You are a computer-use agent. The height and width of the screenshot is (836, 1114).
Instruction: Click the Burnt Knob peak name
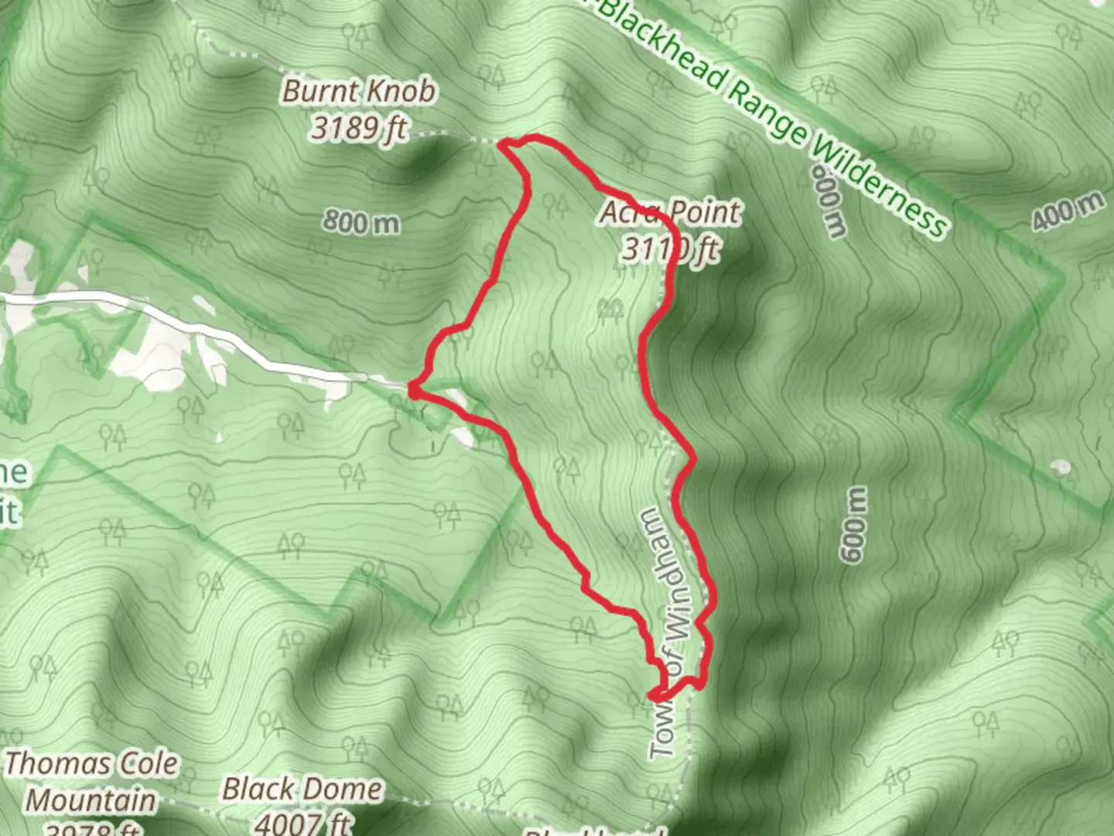(359, 91)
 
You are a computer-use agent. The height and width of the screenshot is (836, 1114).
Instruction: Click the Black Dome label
(302, 789)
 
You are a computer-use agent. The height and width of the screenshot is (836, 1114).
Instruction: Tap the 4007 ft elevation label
(302, 822)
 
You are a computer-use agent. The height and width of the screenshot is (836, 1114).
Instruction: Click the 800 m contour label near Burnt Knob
(361, 223)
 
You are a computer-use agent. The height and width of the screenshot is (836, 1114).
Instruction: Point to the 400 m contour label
(1068, 209)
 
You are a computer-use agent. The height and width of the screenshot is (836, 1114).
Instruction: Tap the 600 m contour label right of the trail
(853, 525)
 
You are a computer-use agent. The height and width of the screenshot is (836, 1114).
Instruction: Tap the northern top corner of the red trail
(507, 143)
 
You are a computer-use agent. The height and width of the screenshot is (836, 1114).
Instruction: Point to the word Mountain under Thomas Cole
(92, 800)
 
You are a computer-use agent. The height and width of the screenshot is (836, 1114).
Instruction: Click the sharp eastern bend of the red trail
(693, 458)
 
